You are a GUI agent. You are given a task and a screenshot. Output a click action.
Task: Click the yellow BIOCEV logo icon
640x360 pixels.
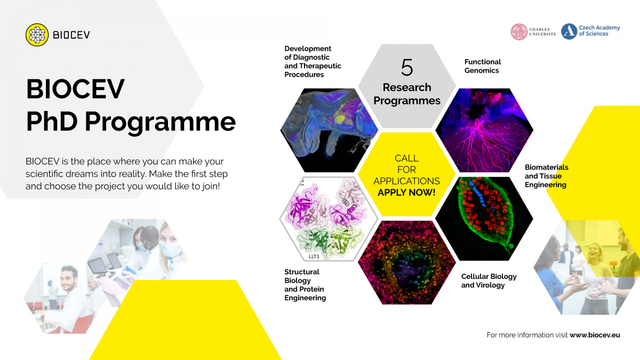pos(37,35)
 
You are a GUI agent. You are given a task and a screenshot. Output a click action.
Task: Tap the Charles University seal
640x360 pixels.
pos(518,32)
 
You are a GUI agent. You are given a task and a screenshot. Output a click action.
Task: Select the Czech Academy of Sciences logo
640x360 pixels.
pos(569,31)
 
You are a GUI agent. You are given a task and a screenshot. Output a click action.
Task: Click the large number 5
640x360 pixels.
pos(406,67)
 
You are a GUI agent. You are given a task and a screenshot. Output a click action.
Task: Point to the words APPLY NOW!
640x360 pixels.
pos(406,192)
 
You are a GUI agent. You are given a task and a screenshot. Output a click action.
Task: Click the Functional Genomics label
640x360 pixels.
pos(483,66)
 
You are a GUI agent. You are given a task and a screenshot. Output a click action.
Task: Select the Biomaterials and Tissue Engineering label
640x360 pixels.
pos(545,176)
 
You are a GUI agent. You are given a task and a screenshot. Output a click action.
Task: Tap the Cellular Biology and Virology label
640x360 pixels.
pos(489,281)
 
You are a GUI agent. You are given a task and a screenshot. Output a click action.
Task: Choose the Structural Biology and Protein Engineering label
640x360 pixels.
pos(305,285)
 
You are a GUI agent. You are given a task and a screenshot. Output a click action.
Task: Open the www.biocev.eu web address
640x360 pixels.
pos(595,335)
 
